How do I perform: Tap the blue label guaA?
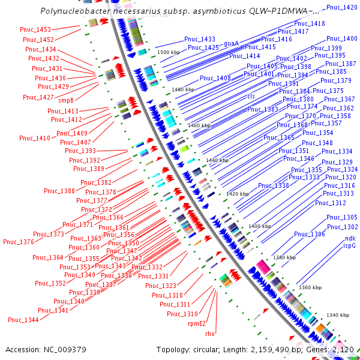tap(232, 43)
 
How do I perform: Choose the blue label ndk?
tap(349, 238)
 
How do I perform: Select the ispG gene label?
tap(349, 245)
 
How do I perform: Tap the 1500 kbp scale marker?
tap(169, 53)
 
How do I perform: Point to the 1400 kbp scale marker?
tap(260, 226)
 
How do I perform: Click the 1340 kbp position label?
tap(337, 315)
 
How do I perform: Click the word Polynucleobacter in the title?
tap(74, 11)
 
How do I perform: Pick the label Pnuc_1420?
tap(342, 7)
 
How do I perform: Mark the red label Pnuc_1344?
tap(23, 320)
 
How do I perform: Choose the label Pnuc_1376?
tap(19, 242)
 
